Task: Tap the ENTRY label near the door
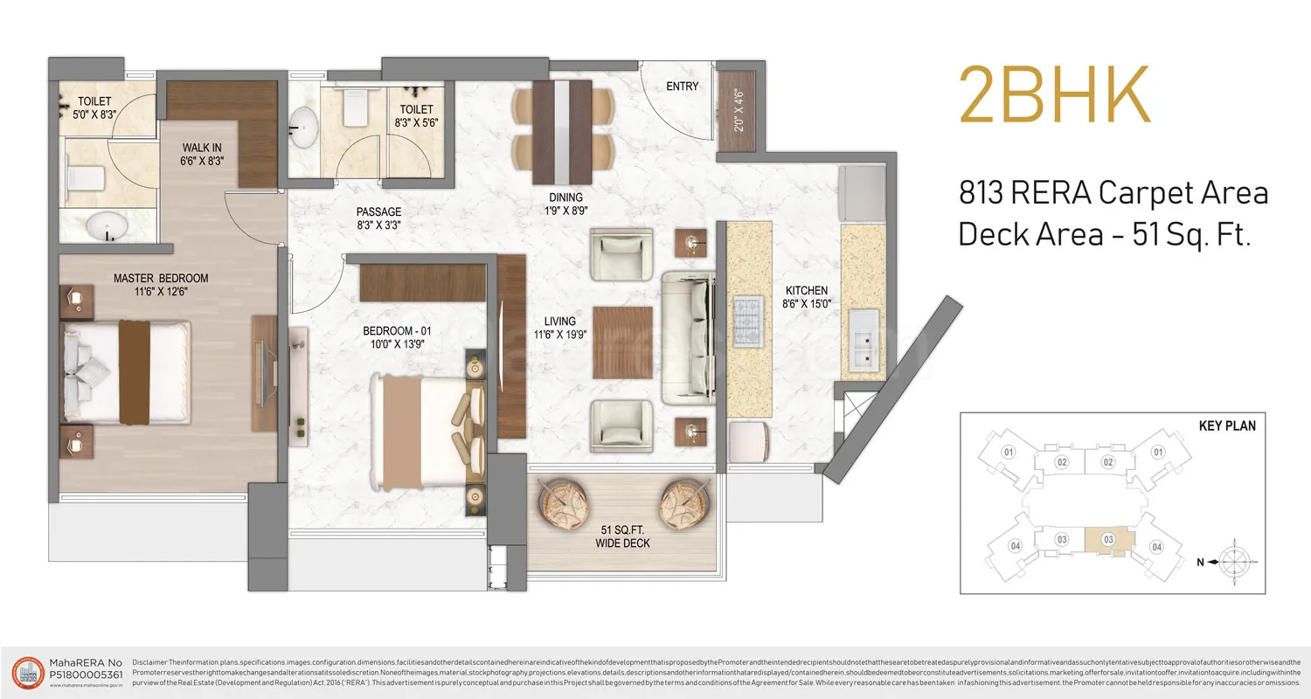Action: pos(682,87)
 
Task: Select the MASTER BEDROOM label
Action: pos(161,279)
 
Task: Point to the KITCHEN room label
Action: pos(806,291)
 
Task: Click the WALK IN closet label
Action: pos(203,148)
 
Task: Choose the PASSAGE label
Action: pos(378,212)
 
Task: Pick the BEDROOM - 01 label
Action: pos(398,331)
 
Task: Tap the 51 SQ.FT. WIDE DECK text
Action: pos(624,536)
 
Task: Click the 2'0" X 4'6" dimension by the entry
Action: pos(738,110)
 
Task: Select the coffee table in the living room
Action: pos(622,343)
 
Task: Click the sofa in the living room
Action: pos(689,337)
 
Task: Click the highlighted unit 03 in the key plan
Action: pos(1107,539)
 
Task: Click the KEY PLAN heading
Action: pos(1227,426)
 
